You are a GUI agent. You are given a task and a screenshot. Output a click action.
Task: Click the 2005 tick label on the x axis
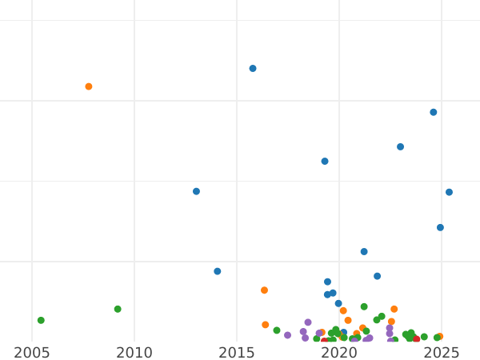click(x=32, y=353)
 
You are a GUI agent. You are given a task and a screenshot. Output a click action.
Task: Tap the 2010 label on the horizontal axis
click(x=134, y=353)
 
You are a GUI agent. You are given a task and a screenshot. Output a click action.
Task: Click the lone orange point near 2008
click(x=89, y=86)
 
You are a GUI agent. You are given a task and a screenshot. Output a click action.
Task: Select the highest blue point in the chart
click(x=253, y=69)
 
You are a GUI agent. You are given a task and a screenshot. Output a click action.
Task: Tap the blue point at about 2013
click(x=196, y=191)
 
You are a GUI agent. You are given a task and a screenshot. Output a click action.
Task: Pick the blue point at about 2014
click(x=217, y=271)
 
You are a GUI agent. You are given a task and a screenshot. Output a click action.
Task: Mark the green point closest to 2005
click(x=41, y=320)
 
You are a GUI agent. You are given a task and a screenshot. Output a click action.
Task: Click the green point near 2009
click(x=118, y=309)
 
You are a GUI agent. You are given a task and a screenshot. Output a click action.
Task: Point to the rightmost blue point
click(x=449, y=192)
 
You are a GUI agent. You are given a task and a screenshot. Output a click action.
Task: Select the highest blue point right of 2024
click(x=434, y=112)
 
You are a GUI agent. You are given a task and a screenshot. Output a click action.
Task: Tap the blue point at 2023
click(x=400, y=146)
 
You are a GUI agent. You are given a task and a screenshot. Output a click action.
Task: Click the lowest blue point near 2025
click(x=440, y=227)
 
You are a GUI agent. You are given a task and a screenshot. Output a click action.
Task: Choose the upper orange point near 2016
click(x=264, y=290)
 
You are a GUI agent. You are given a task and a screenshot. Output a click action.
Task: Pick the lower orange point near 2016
click(x=266, y=325)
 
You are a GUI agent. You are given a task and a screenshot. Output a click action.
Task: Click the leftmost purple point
click(x=287, y=335)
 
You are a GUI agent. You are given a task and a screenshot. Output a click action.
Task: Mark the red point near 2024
click(x=416, y=339)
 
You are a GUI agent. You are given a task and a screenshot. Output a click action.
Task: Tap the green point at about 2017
click(x=277, y=330)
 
